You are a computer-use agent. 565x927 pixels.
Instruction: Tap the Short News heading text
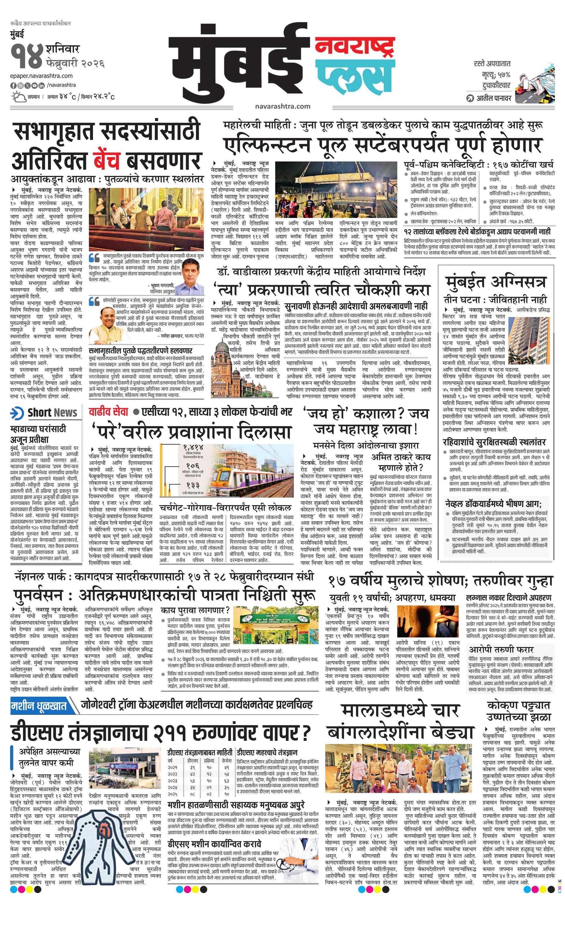tap(52, 413)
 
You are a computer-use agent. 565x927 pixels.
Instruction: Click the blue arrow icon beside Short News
tap(17, 413)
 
